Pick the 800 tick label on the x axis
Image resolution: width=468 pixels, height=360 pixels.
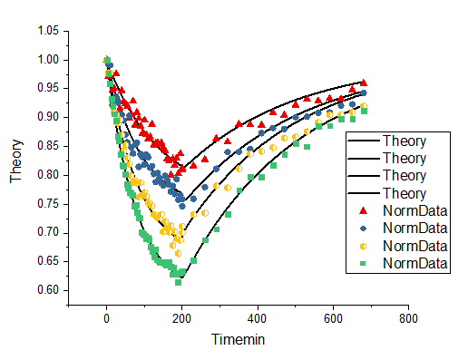[x=408, y=319]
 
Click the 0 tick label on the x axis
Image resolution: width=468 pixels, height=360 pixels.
[x=107, y=319]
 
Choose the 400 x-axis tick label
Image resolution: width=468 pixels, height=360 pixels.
[x=258, y=319]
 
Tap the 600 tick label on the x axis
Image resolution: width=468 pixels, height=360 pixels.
[x=333, y=319]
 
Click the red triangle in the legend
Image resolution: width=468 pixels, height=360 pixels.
[x=364, y=211]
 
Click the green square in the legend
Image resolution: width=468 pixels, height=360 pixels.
[x=364, y=263]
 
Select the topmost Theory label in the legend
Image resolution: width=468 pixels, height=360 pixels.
[x=405, y=141]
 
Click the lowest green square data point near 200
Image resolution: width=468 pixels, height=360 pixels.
[x=179, y=282]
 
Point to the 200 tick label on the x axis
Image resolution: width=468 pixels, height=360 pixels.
[x=182, y=319]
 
